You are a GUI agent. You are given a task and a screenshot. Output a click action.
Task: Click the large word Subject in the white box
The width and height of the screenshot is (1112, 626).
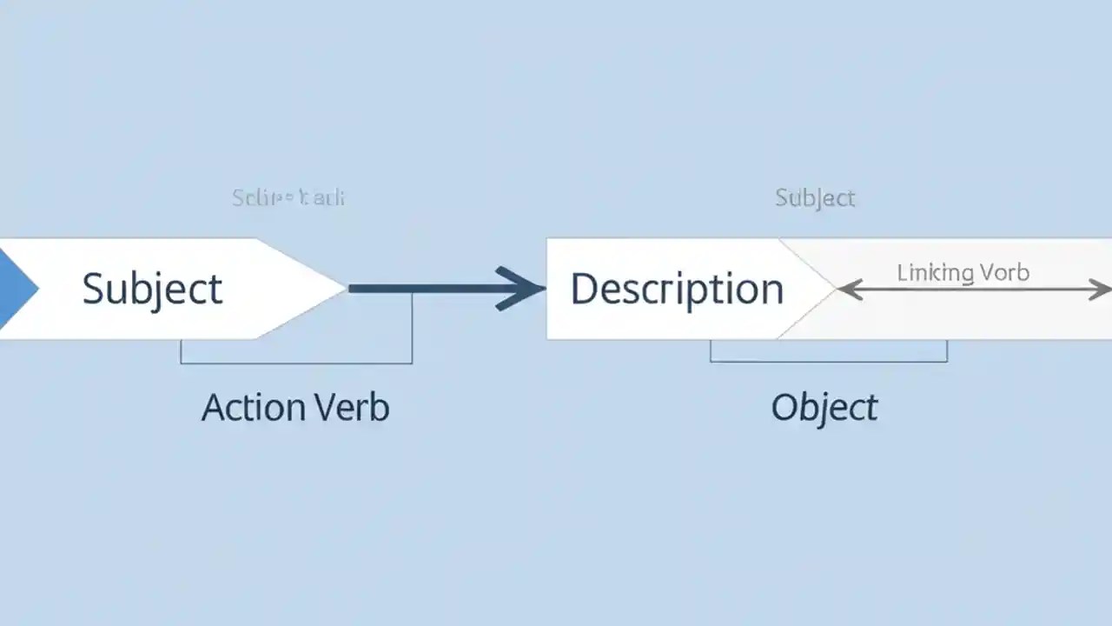152,289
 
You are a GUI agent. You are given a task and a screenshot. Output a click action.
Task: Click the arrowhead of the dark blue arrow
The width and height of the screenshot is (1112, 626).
526,289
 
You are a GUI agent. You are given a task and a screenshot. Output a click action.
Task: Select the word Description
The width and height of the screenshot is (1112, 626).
677,289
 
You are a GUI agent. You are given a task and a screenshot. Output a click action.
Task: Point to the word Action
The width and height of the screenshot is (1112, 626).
253,408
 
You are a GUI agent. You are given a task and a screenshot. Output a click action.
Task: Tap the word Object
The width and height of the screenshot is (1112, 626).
824,408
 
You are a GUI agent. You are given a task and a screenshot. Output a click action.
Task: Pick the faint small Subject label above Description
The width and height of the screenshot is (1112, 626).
815,198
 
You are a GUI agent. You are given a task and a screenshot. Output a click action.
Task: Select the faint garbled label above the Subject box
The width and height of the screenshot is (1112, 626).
288,198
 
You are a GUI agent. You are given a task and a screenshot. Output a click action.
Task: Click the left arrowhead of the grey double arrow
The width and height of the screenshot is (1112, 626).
846,290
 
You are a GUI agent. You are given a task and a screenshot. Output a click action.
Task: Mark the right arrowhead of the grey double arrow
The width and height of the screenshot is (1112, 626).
1102,290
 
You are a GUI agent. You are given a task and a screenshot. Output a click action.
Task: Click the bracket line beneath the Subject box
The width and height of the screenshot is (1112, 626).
295,363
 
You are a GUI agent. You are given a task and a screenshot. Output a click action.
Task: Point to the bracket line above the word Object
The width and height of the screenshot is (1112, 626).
828,360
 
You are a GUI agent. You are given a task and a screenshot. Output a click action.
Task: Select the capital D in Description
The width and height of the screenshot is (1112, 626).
583,289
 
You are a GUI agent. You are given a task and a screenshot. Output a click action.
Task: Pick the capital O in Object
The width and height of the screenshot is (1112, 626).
784,408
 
